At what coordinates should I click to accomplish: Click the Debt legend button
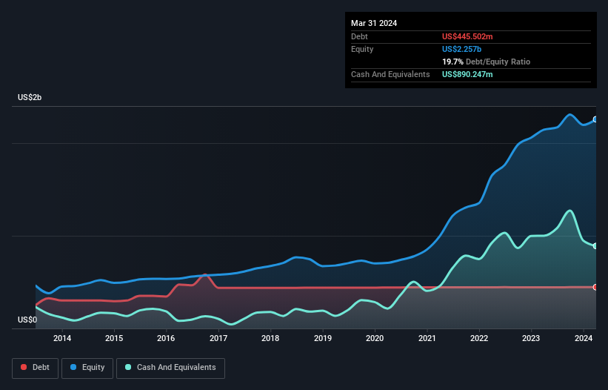coord(34,368)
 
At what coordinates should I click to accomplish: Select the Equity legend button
coord(88,368)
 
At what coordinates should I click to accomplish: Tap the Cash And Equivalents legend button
coord(170,368)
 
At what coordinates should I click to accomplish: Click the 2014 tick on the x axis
coord(62,339)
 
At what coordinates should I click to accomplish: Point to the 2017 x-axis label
coord(218,339)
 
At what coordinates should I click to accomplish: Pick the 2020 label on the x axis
coord(375,339)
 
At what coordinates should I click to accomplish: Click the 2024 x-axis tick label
coord(584,339)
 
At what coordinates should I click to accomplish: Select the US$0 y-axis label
coord(27,320)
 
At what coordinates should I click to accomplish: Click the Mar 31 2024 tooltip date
coord(374,23)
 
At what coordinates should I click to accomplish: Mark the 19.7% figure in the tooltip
coord(453,62)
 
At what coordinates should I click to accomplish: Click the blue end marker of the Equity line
coord(595,119)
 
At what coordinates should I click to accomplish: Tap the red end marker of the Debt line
coord(595,287)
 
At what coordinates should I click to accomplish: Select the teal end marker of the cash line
coord(595,245)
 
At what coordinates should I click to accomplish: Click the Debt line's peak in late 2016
coord(205,275)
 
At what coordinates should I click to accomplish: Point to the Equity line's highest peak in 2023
coord(569,114)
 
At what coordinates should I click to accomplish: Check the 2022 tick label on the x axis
coord(479,339)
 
